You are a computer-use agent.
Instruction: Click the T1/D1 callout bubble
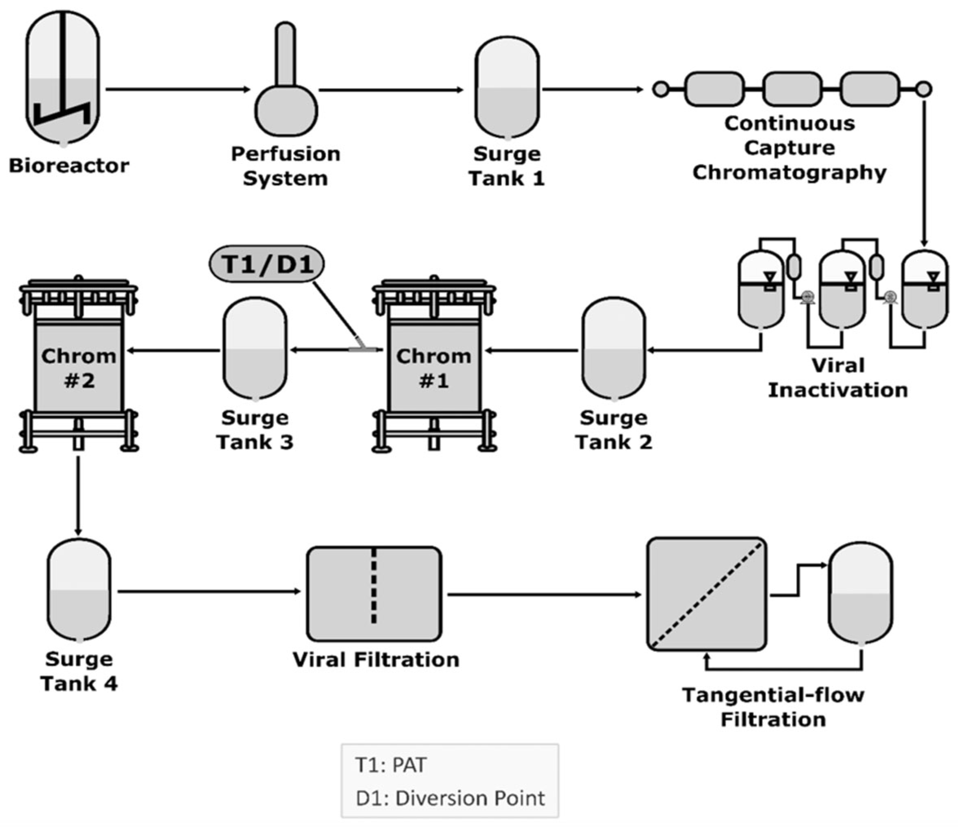pos(267,264)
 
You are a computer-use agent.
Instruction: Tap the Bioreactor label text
pos(69,166)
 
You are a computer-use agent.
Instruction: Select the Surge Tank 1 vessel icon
pos(507,88)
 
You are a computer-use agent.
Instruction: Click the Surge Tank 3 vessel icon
pos(255,348)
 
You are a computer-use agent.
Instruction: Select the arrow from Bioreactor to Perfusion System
pos(178,89)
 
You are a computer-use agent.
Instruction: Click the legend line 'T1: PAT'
pos(391,765)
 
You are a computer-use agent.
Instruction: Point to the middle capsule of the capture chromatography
pos(792,89)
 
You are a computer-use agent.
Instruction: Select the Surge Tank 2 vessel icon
pos(613,348)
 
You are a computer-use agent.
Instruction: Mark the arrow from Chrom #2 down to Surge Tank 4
pos(78,495)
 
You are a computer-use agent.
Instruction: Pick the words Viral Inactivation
pos(838,378)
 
